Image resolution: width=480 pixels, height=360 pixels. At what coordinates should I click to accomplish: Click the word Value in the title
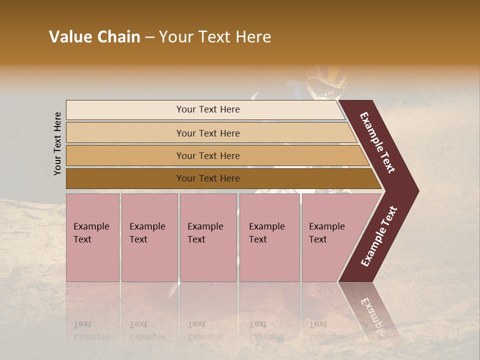[70, 37]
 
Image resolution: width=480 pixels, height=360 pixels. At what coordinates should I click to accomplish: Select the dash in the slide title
[149, 37]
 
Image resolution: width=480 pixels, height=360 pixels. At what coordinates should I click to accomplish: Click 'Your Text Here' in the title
[215, 37]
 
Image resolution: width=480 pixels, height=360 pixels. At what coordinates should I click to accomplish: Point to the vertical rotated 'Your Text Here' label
[57, 144]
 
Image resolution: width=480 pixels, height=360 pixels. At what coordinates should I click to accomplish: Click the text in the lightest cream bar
[208, 109]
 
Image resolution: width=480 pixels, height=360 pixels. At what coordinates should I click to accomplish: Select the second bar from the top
[208, 133]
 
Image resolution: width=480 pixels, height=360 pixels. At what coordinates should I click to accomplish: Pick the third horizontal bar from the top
[208, 155]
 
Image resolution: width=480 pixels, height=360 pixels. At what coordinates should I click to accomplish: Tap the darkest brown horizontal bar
[208, 178]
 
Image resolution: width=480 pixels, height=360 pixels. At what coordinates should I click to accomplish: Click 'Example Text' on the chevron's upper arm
[377, 142]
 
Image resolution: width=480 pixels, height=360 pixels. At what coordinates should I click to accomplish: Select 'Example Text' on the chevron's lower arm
[379, 236]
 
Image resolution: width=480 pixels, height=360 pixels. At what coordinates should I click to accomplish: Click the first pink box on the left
[92, 237]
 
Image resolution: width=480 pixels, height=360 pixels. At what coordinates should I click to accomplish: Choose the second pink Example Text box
[149, 237]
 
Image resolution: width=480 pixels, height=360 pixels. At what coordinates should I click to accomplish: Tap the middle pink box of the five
[208, 237]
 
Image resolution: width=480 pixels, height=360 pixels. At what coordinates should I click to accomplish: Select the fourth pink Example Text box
[269, 237]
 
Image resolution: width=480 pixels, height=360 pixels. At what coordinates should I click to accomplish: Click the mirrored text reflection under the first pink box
[91, 330]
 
